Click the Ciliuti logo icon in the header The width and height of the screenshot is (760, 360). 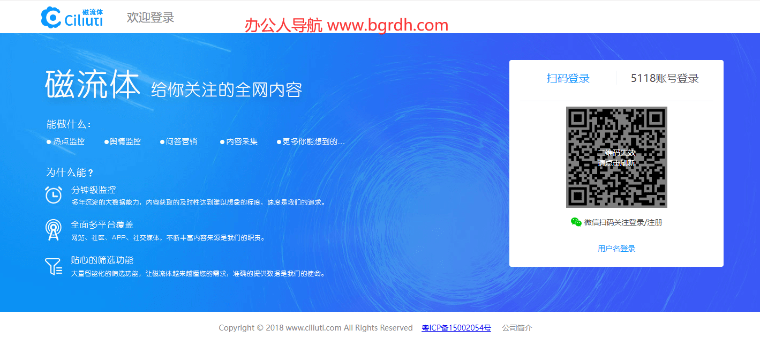pyautogui.click(x=51, y=17)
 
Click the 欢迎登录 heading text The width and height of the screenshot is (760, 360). pyautogui.click(x=151, y=17)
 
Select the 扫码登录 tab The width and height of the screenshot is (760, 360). pyautogui.click(x=568, y=78)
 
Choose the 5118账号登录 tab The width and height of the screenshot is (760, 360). pyautogui.click(x=665, y=78)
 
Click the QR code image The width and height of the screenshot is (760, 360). pyautogui.click(x=616, y=157)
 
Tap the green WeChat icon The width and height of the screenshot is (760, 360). pyautogui.click(x=576, y=222)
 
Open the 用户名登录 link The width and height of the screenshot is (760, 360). pyautogui.click(x=616, y=249)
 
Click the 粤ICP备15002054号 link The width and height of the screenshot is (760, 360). pyautogui.click(x=456, y=328)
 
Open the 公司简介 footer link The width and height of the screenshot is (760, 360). pyautogui.click(x=517, y=328)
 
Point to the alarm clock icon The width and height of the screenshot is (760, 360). pyautogui.click(x=54, y=194)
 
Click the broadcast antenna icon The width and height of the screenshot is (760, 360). pyautogui.click(x=54, y=230)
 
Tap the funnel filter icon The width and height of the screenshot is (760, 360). pyautogui.click(x=54, y=266)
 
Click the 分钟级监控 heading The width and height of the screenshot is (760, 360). pyautogui.click(x=93, y=190)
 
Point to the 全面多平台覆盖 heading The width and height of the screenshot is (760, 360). pyautogui.click(x=102, y=225)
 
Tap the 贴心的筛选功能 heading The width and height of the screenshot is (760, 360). pyautogui.click(x=102, y=260)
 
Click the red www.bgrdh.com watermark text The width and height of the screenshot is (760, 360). pyautogui.click(x=387, y=25)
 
